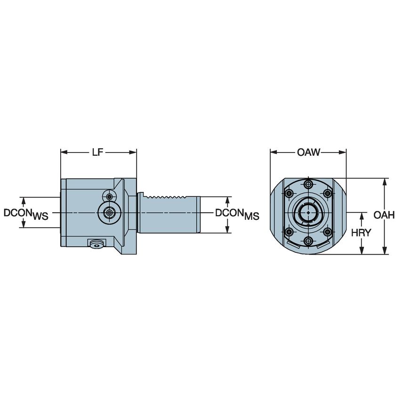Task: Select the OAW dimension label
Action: point(308,152)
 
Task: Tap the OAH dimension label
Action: point(383,215)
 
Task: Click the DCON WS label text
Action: point(26,214)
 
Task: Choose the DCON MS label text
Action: point(237,214)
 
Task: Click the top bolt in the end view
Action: point(308,184)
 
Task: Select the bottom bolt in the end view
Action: point(308,241)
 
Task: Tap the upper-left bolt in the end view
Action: point(288,193)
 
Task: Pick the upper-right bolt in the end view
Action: point(328,193)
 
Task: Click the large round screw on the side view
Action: point(109,213)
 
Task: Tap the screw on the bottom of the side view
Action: point(96,243)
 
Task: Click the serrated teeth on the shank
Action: point(167,196)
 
